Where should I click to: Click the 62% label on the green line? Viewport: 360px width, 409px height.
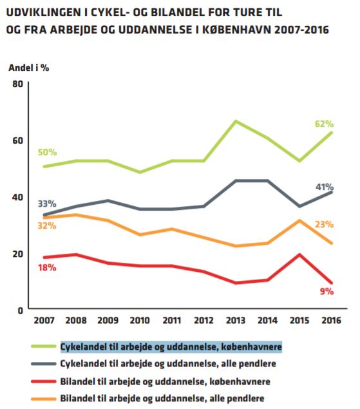pos(324,124)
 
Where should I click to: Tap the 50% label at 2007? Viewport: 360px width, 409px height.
pos(47,152)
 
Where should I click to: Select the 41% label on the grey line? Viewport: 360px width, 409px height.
pos(325,187)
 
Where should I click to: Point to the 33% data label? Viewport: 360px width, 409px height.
pos(47,204)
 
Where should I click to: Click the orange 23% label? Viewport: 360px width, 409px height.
pos(324,224)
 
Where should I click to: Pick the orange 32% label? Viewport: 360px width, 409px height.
pos(47,225)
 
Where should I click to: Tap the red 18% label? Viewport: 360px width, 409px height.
pos(47,268)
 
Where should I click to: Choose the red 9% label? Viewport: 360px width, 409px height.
pos(327,291)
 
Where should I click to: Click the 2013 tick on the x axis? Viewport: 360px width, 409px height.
pos(236,320)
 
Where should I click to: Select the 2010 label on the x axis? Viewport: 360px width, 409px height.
pos(140,320)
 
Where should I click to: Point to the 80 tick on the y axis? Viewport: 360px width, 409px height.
pos(18,84)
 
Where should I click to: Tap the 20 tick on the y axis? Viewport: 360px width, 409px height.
pos(18,254)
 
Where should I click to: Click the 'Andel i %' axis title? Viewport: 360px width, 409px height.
pos(29,68)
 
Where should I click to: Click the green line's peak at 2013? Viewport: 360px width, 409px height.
pos(236,121)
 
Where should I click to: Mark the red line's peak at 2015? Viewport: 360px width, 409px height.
pos(299,254)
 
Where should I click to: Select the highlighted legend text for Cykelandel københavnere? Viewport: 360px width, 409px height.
pos(171,347)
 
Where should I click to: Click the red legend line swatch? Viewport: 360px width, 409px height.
pos(44,381)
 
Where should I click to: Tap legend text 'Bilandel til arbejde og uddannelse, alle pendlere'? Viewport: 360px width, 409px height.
pos(162,398)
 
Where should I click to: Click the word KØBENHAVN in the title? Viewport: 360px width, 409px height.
pos(236,30)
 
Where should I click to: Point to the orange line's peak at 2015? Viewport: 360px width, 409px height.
pos(299,221)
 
